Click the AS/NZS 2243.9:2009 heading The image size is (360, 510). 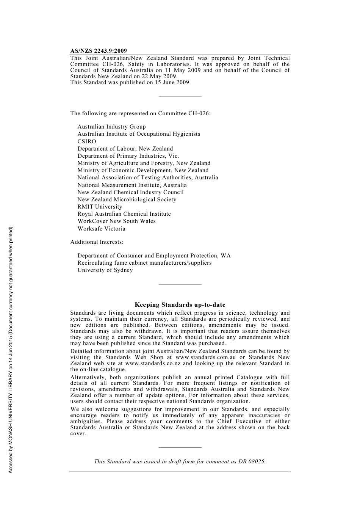99,51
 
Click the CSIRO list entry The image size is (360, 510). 87,141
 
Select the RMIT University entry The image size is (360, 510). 100,207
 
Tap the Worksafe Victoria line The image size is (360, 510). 101,229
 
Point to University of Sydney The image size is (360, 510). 105,270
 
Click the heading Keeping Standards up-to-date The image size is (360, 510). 180,305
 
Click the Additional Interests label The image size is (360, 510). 97,242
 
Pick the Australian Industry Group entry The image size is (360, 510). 111,127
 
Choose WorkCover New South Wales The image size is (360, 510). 116,221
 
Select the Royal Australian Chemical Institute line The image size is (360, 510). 124,214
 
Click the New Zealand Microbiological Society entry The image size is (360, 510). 127,199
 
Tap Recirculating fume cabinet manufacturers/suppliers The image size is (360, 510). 144,263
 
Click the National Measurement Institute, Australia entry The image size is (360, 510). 132,185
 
